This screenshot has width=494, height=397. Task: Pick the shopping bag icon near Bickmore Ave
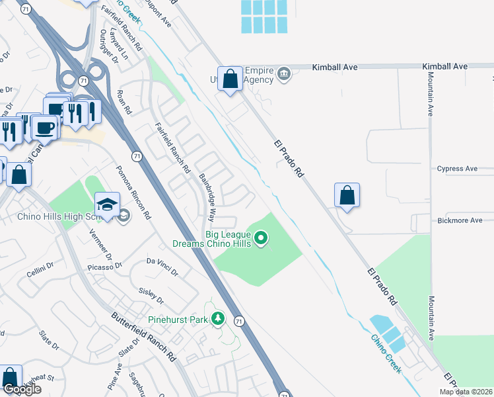point(347,195)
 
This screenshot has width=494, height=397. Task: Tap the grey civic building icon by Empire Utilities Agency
point(283,72)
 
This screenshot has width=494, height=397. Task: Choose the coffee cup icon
point(46,127)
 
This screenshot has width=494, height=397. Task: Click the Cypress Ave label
point(457,169)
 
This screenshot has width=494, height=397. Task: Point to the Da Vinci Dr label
point(162,267)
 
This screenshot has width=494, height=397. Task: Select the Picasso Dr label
point(105,267)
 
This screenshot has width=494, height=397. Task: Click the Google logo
point(22,389)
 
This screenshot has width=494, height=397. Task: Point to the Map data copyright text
point(464,392)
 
